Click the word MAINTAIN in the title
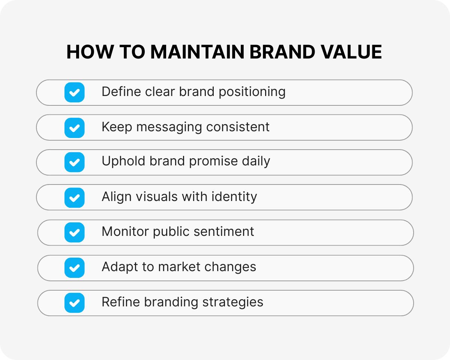point(197,52)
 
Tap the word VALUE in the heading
point(351,52)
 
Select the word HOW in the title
point(90,52)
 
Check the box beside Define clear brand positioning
point(75,92)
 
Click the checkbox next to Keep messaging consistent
point(75,128)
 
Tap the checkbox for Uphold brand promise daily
point(75,162)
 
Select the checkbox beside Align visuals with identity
point(75,198)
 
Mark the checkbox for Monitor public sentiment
point(75,232)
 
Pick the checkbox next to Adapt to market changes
point(75,268)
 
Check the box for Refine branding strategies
point(75,303)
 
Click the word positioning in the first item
point(252,92)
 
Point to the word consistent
point(238,127)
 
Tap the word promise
point(213,162)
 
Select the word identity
point(234,197)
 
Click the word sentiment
point(224,231)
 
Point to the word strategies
point(233,303)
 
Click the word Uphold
point(123,162)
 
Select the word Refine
point(121,302)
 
